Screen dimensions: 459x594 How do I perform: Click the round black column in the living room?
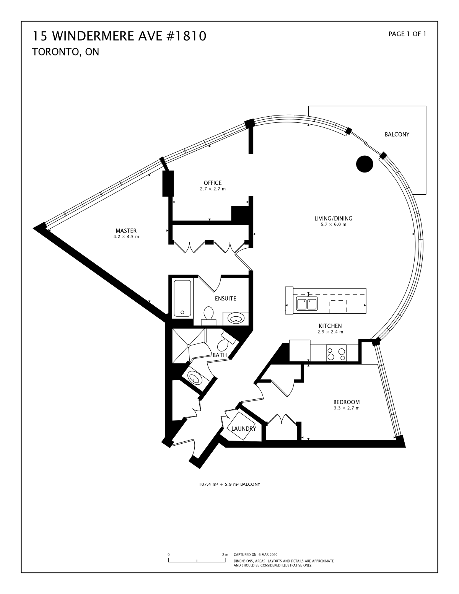[365, 164]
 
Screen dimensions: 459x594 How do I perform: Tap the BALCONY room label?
[397, 135]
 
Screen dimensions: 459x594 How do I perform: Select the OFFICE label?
[213, 183]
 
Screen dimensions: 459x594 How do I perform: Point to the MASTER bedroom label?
[126, 231]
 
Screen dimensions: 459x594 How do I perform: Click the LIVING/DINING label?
[333, 218]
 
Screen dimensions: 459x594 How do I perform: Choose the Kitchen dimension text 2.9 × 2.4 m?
[330, 332]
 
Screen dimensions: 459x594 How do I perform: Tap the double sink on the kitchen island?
[307, 304]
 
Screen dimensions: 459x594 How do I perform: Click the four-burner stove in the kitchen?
[336, 353]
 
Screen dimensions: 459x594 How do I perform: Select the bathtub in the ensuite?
[182, 298]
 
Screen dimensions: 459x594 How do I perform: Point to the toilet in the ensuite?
[208, 316]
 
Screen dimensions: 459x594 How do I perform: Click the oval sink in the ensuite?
[236, 319]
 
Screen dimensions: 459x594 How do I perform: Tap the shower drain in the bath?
[188, 346]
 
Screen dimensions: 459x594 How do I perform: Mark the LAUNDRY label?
[244, 429]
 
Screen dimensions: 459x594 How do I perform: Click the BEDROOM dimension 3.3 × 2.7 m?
[347, 408]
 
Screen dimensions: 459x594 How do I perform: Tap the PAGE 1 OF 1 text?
[407, 34]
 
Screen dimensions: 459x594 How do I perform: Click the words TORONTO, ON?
[66, 52]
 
